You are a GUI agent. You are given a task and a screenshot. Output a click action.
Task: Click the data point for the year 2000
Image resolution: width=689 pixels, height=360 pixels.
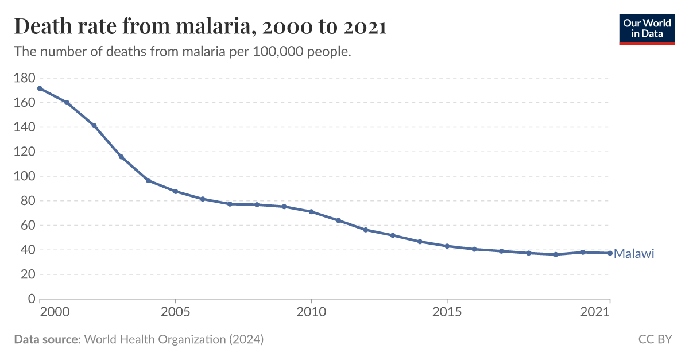[x=40, y=88]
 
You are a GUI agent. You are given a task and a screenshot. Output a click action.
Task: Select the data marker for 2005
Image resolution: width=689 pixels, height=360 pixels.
[x=175, y=191]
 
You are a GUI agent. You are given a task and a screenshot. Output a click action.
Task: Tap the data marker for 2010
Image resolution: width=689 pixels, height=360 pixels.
[x=311, y=211]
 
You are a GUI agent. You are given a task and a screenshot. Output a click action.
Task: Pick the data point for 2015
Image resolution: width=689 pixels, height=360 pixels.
[x=447, y=246]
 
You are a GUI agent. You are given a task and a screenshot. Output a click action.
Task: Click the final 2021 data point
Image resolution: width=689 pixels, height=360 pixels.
[x=610, y=253]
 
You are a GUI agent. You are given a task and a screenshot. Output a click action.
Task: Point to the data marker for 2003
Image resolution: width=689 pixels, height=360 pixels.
[x=121, y=157]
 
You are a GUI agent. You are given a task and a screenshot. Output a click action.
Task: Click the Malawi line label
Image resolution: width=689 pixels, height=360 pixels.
[x=634, y=254]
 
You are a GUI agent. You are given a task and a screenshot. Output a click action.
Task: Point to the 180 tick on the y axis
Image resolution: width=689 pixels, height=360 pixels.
[x=24, y=78]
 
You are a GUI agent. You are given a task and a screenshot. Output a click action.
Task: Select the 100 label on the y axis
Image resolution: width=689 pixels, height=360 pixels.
[x=24, y=176]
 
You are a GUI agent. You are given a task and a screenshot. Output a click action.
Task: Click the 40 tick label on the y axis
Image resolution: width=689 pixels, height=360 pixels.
[x=28, y=250]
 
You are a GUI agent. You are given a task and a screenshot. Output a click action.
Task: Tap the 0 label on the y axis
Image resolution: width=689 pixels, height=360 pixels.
[x=32, y=299]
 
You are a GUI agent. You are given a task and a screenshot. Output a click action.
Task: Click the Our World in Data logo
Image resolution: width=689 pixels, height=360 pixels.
[x=647, y=28]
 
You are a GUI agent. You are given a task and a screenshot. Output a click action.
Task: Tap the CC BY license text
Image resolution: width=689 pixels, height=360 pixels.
[x=655, y=339]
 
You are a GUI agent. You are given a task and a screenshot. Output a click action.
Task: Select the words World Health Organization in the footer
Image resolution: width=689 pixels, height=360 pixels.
[x=155, y=339]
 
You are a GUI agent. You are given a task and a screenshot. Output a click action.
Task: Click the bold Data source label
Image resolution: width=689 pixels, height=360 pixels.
[x=47, y=339]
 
